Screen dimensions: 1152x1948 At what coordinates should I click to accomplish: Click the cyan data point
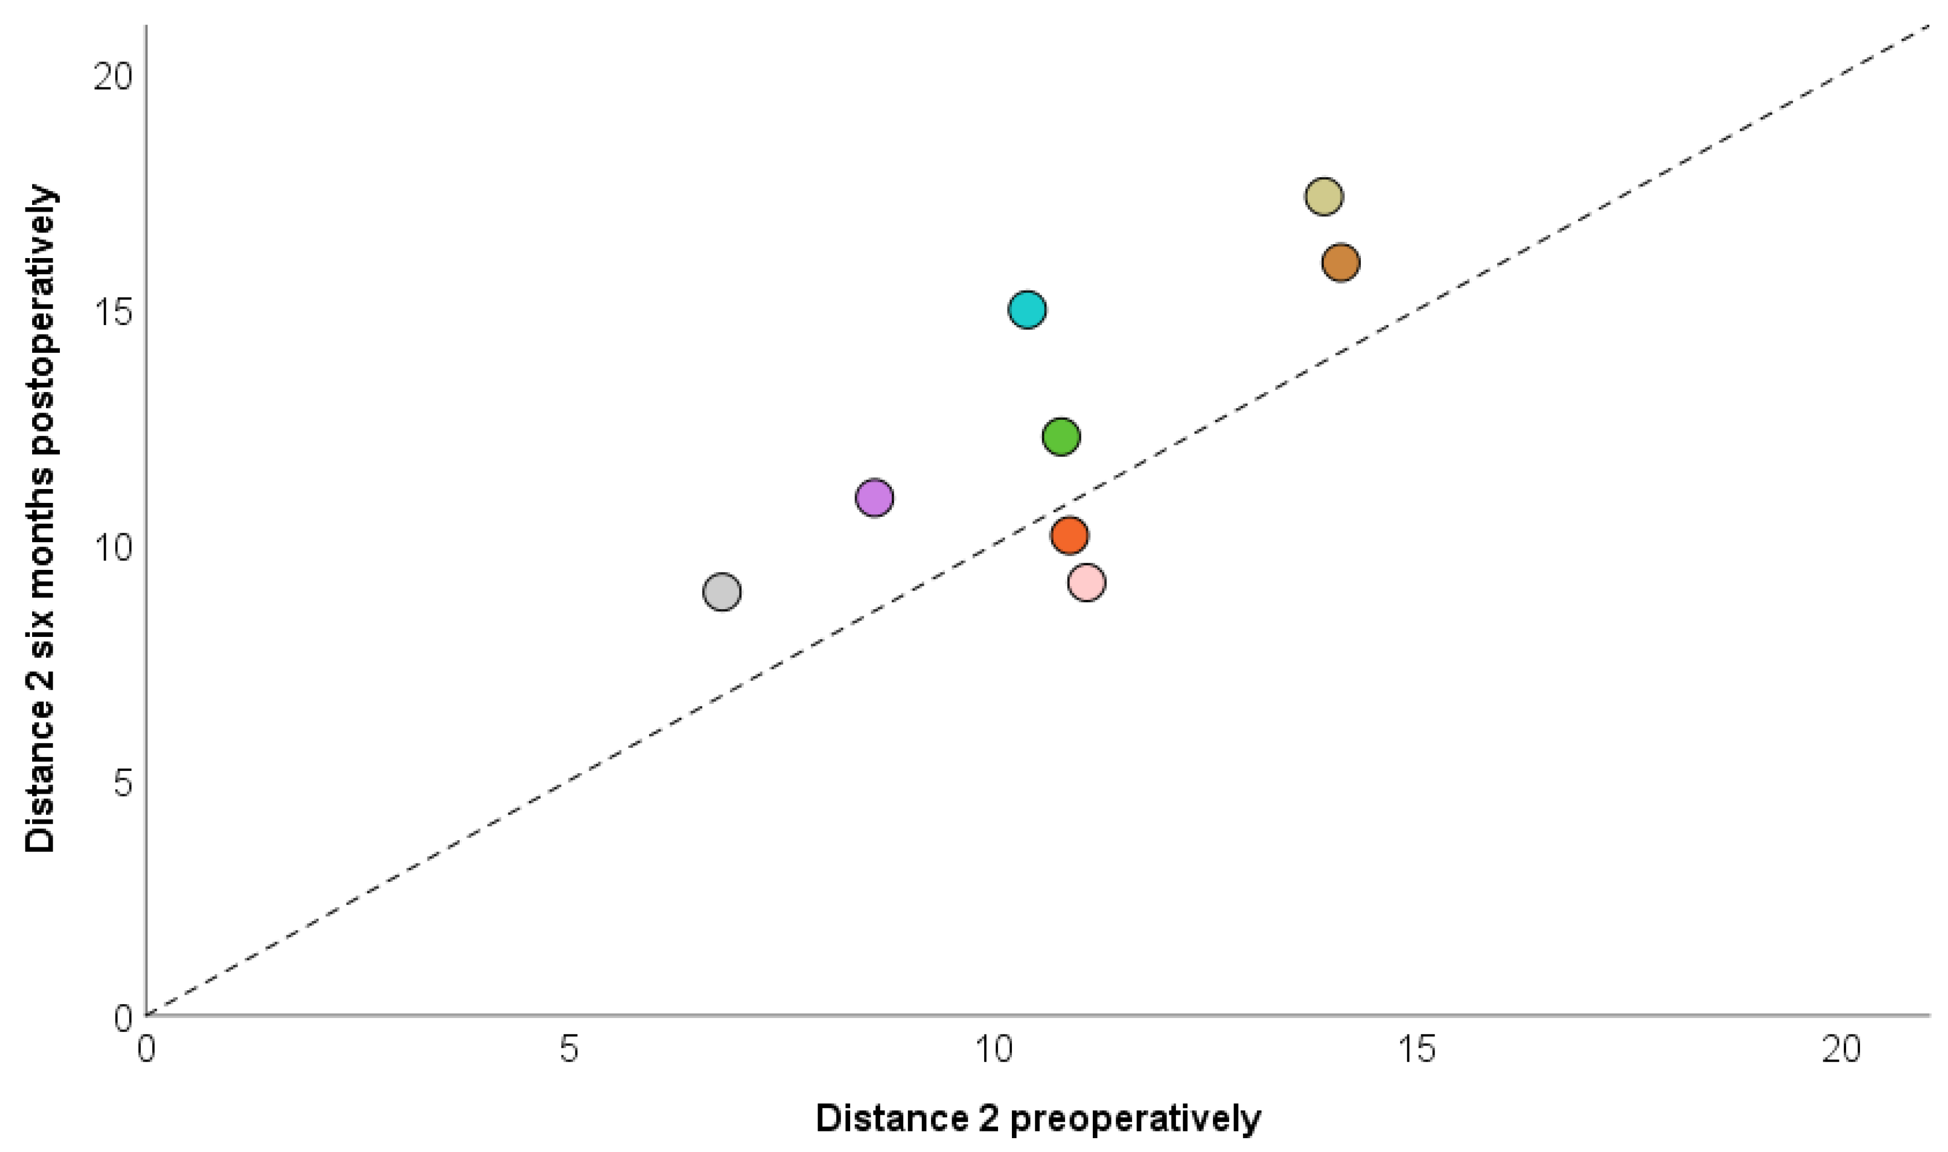(1027, 310)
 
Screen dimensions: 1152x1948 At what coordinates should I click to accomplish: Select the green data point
(1061, 436)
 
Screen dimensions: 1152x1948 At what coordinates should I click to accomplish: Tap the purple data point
(875, 497)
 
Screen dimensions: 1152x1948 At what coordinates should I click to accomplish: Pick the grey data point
(722, 592)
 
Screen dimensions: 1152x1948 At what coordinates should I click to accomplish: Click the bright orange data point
(1070, 535)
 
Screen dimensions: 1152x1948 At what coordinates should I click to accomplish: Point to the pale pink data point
(1087, 582)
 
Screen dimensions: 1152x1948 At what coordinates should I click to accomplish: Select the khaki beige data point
(1324, 197)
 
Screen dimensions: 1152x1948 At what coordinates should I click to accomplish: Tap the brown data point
(1341, 263)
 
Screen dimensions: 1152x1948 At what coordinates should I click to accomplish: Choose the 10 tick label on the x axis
(994, 1050)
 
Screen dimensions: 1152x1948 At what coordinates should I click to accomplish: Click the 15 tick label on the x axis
(1418, 1050)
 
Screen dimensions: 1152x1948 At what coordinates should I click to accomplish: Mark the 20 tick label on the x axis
(1842, 1050)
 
